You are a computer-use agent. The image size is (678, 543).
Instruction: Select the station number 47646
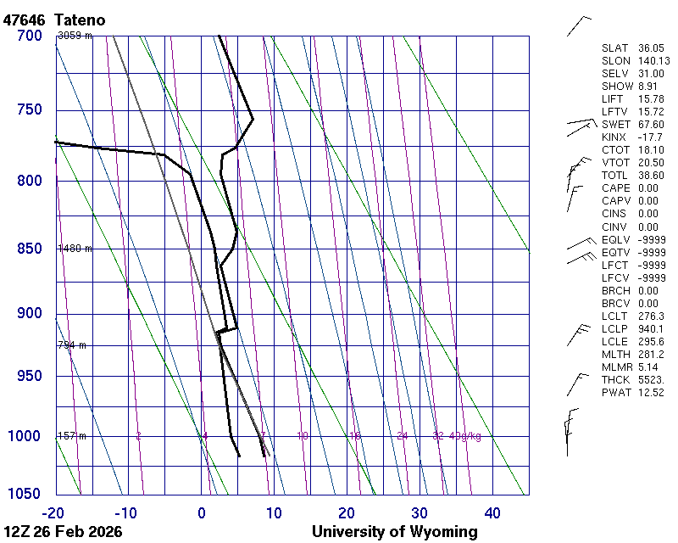25,20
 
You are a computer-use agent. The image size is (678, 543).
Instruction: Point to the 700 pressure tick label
29,36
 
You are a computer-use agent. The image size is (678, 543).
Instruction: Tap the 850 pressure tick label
29,249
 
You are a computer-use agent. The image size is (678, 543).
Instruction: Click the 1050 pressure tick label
25,495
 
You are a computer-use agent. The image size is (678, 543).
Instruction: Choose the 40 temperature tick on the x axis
492,512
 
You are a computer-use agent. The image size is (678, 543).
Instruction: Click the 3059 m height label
75,36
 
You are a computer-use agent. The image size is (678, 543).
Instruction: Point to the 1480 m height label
75,249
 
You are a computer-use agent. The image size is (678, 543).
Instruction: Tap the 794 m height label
72,345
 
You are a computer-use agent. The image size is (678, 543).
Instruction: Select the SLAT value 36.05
651,48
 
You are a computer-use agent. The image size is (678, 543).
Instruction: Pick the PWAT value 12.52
651,392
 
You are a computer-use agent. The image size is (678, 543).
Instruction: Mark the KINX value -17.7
651,137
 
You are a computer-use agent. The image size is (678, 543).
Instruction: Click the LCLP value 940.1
651,328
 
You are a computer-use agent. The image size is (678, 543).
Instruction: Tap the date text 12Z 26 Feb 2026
63,533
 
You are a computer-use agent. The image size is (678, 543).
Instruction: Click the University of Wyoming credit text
394,533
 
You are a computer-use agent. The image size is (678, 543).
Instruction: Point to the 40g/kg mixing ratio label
465,436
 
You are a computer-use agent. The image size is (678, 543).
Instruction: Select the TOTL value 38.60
651,176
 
